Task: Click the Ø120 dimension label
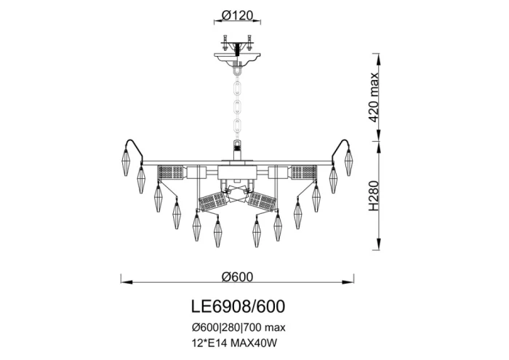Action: [236, 15]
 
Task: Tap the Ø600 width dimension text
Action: [236, 276]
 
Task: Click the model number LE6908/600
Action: [236, 306]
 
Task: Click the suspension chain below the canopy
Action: [237, 102]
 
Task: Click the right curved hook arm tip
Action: [343, 140]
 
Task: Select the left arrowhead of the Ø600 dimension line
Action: [122, 282]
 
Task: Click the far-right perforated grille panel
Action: [304, 173]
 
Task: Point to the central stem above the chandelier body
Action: [237, 149]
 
